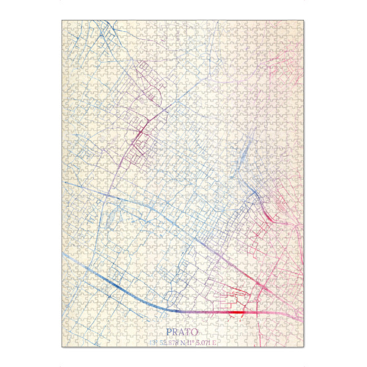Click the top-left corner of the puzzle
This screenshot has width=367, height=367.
62,20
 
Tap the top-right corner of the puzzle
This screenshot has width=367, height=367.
304,20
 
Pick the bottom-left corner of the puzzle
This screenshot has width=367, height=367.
62,347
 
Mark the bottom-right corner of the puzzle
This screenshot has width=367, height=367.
304,347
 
